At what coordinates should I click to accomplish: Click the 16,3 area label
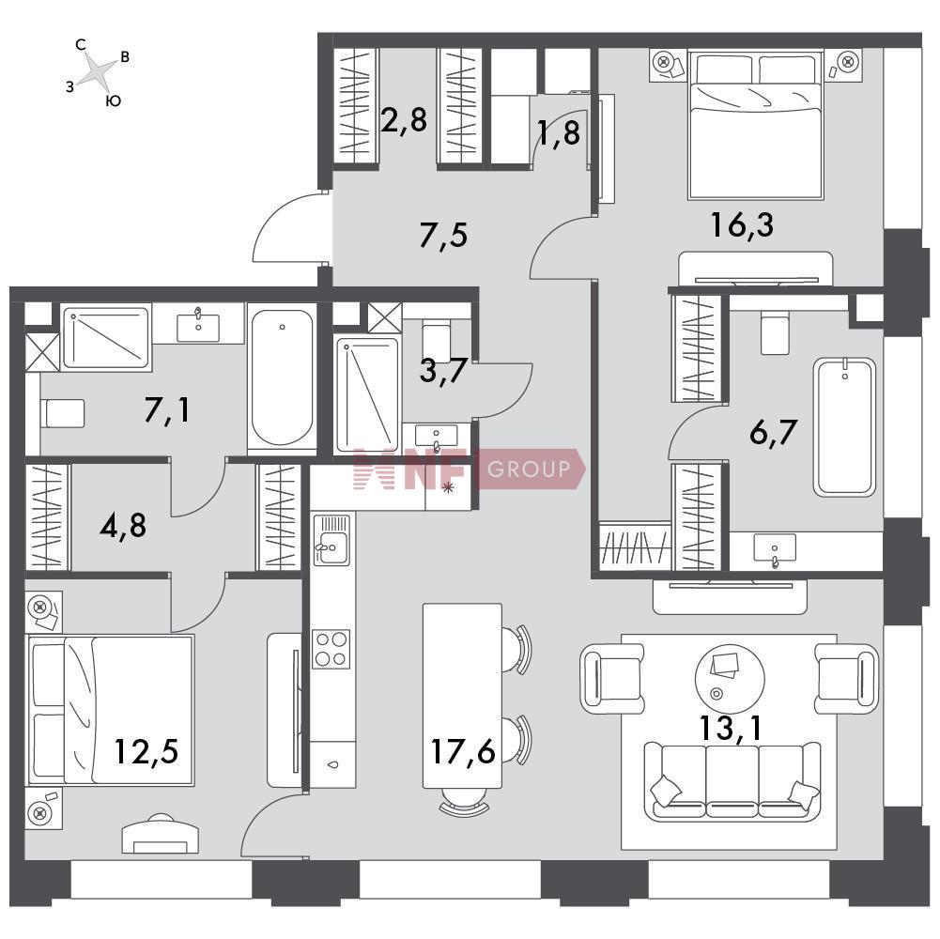tap(742, 225)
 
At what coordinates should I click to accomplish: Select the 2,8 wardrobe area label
tap(404, 119)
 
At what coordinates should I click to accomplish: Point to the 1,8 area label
tap(559, 132)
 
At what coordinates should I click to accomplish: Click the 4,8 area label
tap(123, 526)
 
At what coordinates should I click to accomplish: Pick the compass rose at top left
tap(97, 72)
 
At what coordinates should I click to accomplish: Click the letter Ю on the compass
tap(114, 100)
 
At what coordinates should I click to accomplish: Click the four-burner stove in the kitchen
tap(331, 649)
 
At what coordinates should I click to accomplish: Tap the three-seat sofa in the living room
tap(732, 779)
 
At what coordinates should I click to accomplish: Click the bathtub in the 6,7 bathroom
tap(844, 427)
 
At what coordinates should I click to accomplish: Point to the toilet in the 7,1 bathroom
tap(62, 413)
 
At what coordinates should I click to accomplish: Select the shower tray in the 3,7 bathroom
tap(367, 394)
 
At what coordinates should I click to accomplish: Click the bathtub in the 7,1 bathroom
tap(282, 377)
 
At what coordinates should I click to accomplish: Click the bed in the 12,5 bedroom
tap(111, 711)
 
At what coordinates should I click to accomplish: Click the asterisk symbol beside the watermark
tap(447, 488)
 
